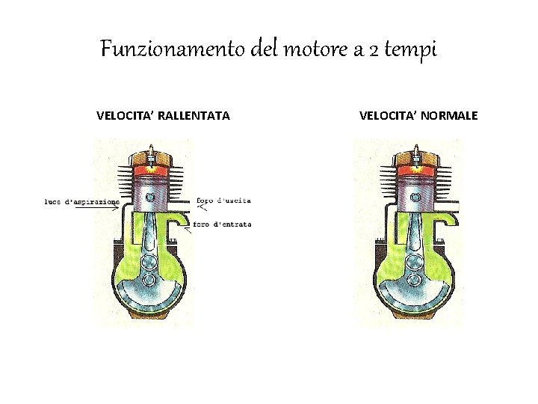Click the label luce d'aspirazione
click(82, 201)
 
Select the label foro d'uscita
click(224, 201)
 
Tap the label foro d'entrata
click(222, 224)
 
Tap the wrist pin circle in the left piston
click(151, 197)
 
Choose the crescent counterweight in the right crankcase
click(412, 299)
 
